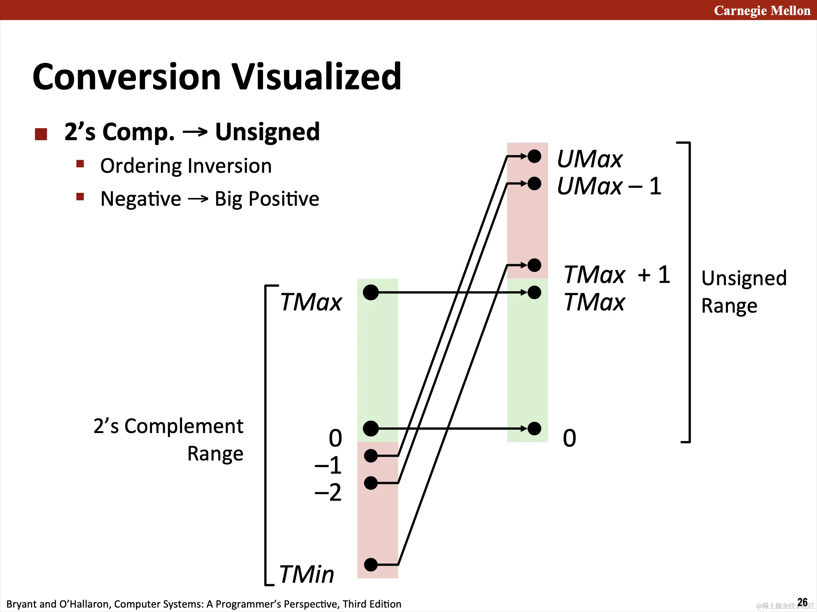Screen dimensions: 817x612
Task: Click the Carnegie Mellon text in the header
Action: (x=762, y=11)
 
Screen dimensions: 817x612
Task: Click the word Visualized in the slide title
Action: (x=316, y=76)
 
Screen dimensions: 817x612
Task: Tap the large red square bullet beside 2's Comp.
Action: (x=41, y=134)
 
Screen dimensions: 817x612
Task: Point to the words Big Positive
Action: (x=267, y=199)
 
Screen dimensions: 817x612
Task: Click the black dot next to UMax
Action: (x=534, y=156)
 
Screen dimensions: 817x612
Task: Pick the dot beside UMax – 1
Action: (x=534, y=183)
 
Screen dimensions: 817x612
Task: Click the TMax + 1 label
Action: (x=617, y=275)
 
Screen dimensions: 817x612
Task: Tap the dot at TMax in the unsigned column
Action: (x=534, y=292)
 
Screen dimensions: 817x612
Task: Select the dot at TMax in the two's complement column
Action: (x=371, y=292)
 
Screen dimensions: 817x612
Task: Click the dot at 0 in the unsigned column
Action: (x=534, y=429)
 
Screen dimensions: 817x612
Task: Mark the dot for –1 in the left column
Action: (x=371, y=456)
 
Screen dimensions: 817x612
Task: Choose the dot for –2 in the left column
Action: (x=371, y=483)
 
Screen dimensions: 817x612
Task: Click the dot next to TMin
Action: (x=371, y=565)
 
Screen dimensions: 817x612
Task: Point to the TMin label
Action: (x=307, y=574)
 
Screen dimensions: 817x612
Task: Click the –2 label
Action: (x=328, y=492)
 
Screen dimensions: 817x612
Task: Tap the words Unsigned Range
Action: (x=744, y=292)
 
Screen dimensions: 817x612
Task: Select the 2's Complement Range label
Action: (x=169, y=440)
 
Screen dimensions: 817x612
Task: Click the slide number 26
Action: (x=802, y=602)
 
